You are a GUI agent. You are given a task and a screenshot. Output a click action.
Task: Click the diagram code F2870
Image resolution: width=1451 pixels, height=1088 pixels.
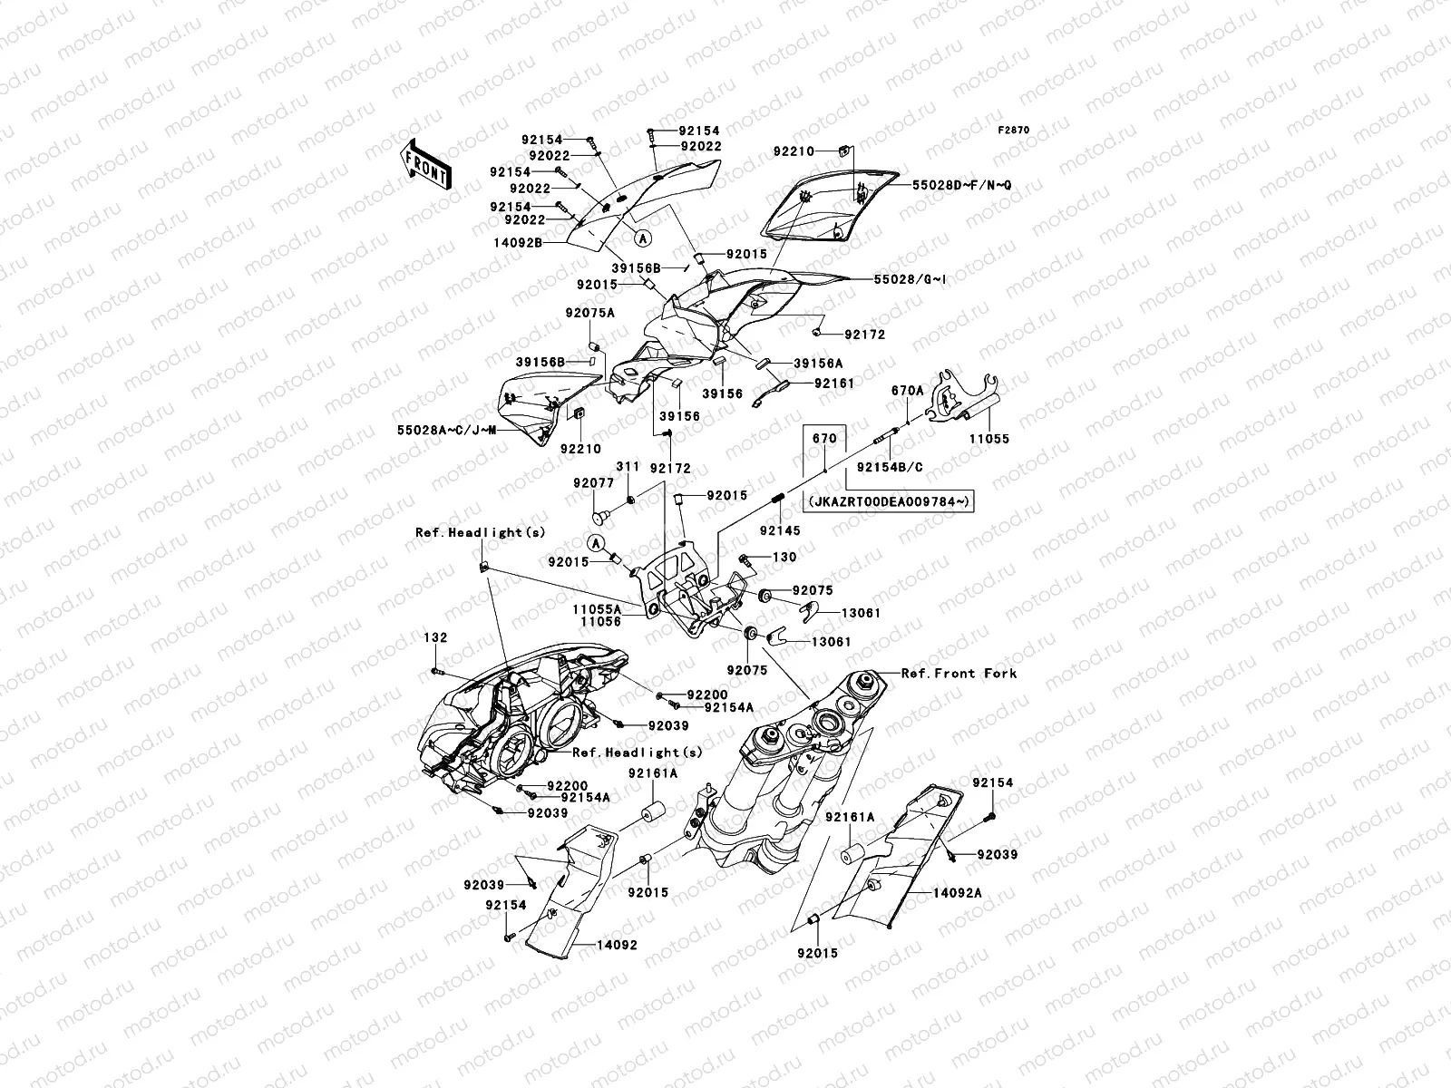pos(1014,131)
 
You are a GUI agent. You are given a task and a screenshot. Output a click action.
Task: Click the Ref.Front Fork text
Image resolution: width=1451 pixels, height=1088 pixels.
pos(959,674)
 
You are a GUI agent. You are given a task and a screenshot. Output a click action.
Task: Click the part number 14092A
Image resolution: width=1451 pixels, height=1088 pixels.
pos(959,892)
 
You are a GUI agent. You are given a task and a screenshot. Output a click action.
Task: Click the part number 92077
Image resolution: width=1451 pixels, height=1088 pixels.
pos(593,483)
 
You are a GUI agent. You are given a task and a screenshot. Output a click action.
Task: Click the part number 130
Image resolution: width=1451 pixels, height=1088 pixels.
pos(784,557)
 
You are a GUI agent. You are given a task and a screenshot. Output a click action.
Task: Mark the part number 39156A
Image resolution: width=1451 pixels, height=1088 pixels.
pos(818,363)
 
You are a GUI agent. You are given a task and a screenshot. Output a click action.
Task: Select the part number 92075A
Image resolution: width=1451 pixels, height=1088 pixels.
pos(590,312)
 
